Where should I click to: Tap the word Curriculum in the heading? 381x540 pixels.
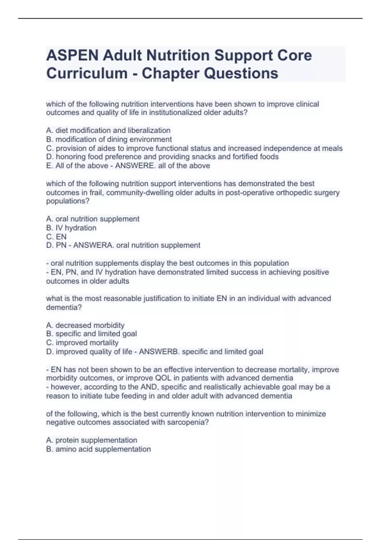pos(87,73)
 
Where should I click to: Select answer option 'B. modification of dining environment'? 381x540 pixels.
pos(109,139)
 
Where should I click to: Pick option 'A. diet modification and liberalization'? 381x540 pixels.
pos(108,130)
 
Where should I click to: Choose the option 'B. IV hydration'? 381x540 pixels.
pos(71,228)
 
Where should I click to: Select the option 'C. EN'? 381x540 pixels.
pos(57,237)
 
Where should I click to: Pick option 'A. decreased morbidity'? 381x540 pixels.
pos(85,325)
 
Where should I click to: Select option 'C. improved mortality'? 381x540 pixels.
pos(82,343)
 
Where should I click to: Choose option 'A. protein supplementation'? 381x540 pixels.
pos(91,440)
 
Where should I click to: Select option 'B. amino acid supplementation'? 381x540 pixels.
pos(98,449)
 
